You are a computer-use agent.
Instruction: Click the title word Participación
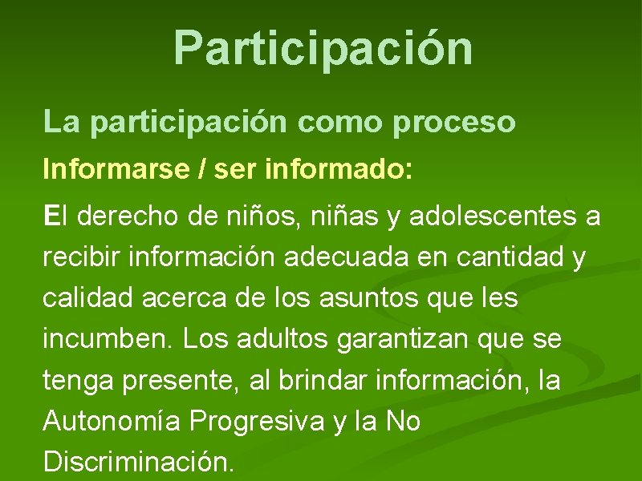(x=323, y=48)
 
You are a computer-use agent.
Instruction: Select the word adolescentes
(x=491, y=216)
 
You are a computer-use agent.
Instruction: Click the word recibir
(x=79, y=258)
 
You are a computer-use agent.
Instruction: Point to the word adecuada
(x=361, y=258)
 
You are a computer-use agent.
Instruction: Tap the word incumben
(x=108, y=341)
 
